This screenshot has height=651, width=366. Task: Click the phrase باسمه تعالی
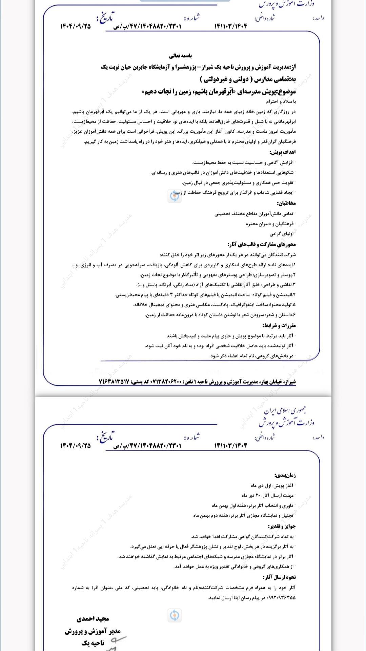[x=181, y=55]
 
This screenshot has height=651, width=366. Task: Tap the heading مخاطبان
[x=286, y=203]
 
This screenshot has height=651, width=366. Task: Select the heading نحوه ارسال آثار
[x=279, y=577]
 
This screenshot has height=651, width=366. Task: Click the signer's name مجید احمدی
[x=93, y=618]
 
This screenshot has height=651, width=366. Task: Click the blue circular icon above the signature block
[x=174, y=615]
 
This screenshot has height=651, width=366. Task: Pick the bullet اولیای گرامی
[x=282, y=234]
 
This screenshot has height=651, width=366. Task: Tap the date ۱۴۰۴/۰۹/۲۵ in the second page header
[x=75, y=446]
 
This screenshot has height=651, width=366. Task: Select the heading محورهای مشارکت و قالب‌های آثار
[x=262, y=244]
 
